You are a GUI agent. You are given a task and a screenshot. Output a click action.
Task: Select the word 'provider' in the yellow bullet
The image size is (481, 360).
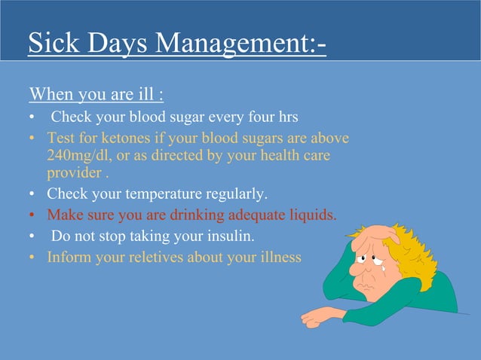coord(72,172)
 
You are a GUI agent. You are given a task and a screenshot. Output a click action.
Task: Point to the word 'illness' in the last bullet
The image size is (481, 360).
coord(280,258)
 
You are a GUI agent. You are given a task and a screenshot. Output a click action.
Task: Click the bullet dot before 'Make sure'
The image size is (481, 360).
coord(32,215)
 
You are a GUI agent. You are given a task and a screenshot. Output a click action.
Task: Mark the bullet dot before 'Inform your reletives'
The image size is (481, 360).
coord(32,258)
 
